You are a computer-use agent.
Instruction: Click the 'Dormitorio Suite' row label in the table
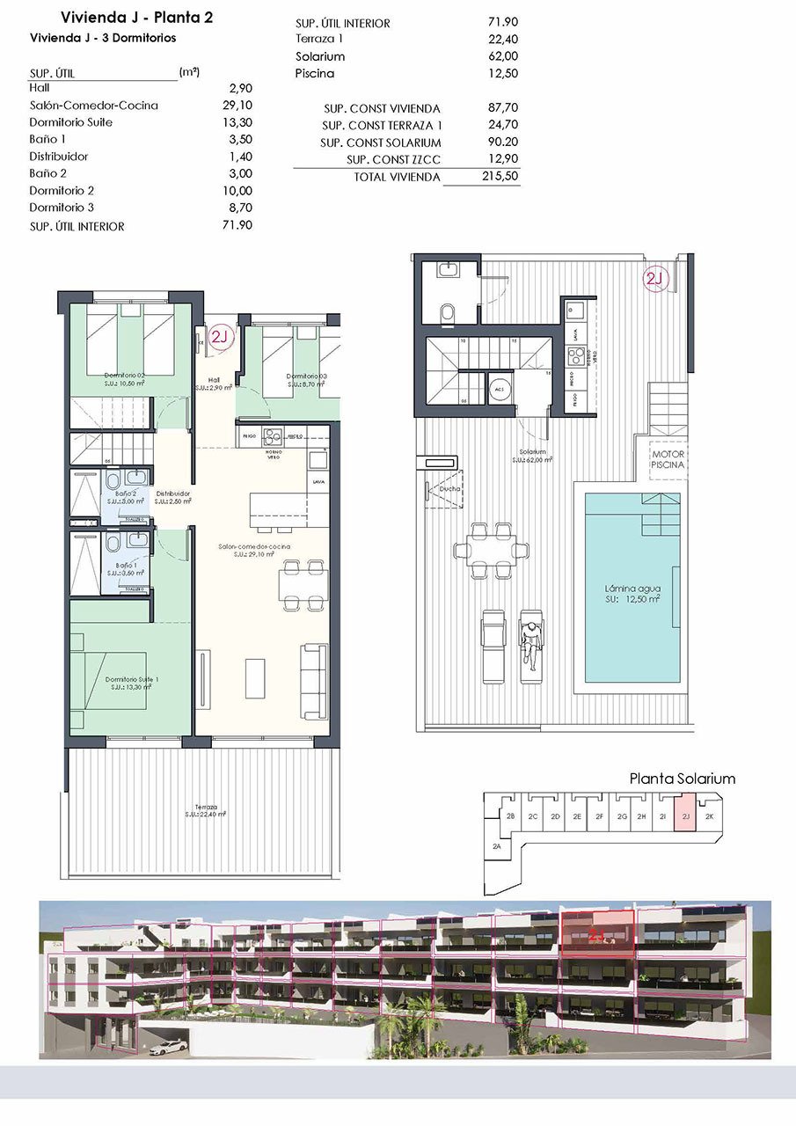click(71, 122)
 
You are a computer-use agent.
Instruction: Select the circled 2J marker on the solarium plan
click(656, 280)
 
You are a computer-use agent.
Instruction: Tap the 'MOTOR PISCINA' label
click(668, 459)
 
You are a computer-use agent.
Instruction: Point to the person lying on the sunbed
click(530, 642)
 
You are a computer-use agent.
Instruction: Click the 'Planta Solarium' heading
click(683, 779)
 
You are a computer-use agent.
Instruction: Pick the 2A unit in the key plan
click(497, 845)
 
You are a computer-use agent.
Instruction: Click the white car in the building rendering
click(168, 1048)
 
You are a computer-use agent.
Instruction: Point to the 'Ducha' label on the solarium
click(450, 489)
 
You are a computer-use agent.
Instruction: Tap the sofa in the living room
click(312, 672)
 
